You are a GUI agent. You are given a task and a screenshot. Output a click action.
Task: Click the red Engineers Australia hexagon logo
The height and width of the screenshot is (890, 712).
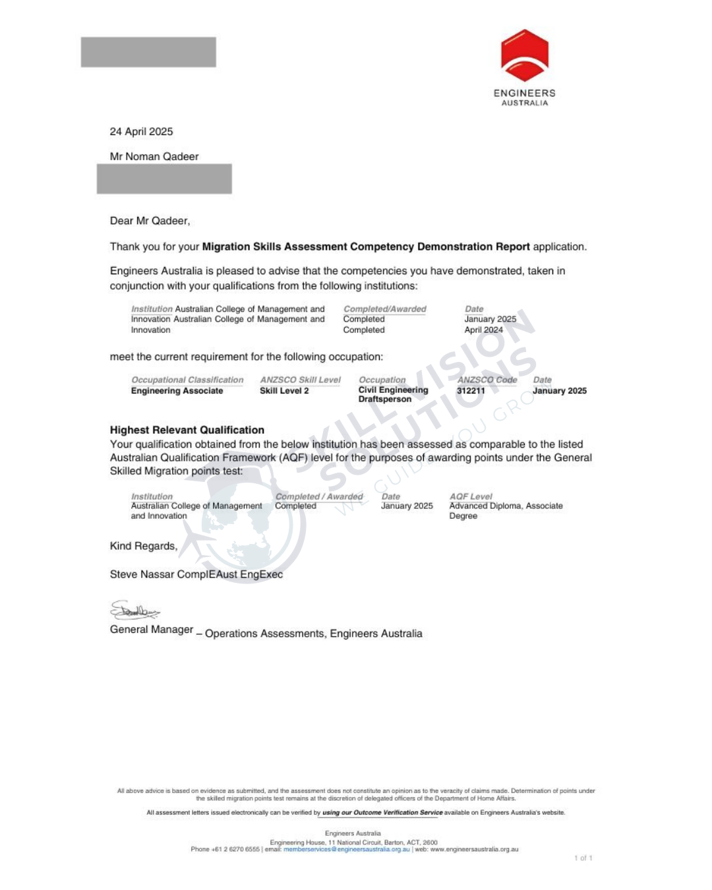524,55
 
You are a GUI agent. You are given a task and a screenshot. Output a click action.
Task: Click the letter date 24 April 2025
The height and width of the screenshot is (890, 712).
141,132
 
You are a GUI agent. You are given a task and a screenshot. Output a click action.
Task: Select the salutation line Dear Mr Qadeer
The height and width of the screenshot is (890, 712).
150,221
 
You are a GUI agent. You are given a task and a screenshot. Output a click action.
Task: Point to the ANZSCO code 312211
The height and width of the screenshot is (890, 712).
471,391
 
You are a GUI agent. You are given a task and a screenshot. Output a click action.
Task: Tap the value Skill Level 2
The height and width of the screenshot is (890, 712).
284,391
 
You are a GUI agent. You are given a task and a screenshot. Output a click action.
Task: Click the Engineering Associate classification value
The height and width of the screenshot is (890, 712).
177,391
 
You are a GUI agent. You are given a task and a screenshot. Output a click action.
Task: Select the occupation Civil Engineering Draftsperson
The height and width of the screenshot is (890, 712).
393,394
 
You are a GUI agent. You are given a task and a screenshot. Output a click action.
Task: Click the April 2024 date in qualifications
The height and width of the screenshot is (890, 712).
483,330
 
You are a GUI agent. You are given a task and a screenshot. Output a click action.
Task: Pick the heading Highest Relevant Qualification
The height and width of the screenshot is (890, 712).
187,430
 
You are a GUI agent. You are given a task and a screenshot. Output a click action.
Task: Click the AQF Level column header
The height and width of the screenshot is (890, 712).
471,496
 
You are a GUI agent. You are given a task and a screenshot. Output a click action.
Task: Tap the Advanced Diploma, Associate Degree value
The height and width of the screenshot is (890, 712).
506,511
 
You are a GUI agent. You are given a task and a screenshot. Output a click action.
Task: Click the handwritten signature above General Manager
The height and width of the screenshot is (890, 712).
134,611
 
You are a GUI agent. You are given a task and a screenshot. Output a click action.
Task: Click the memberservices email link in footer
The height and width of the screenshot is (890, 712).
346,849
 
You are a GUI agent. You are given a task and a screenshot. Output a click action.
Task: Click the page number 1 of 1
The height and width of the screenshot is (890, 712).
583,858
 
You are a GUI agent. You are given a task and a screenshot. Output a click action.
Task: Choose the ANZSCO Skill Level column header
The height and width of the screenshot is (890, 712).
300,380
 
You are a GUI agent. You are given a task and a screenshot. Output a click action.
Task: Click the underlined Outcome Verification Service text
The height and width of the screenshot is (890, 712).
382,813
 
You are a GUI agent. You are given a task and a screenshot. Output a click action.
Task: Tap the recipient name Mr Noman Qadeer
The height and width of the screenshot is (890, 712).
154,157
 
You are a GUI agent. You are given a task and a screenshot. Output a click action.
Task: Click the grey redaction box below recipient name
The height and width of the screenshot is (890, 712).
164,179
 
